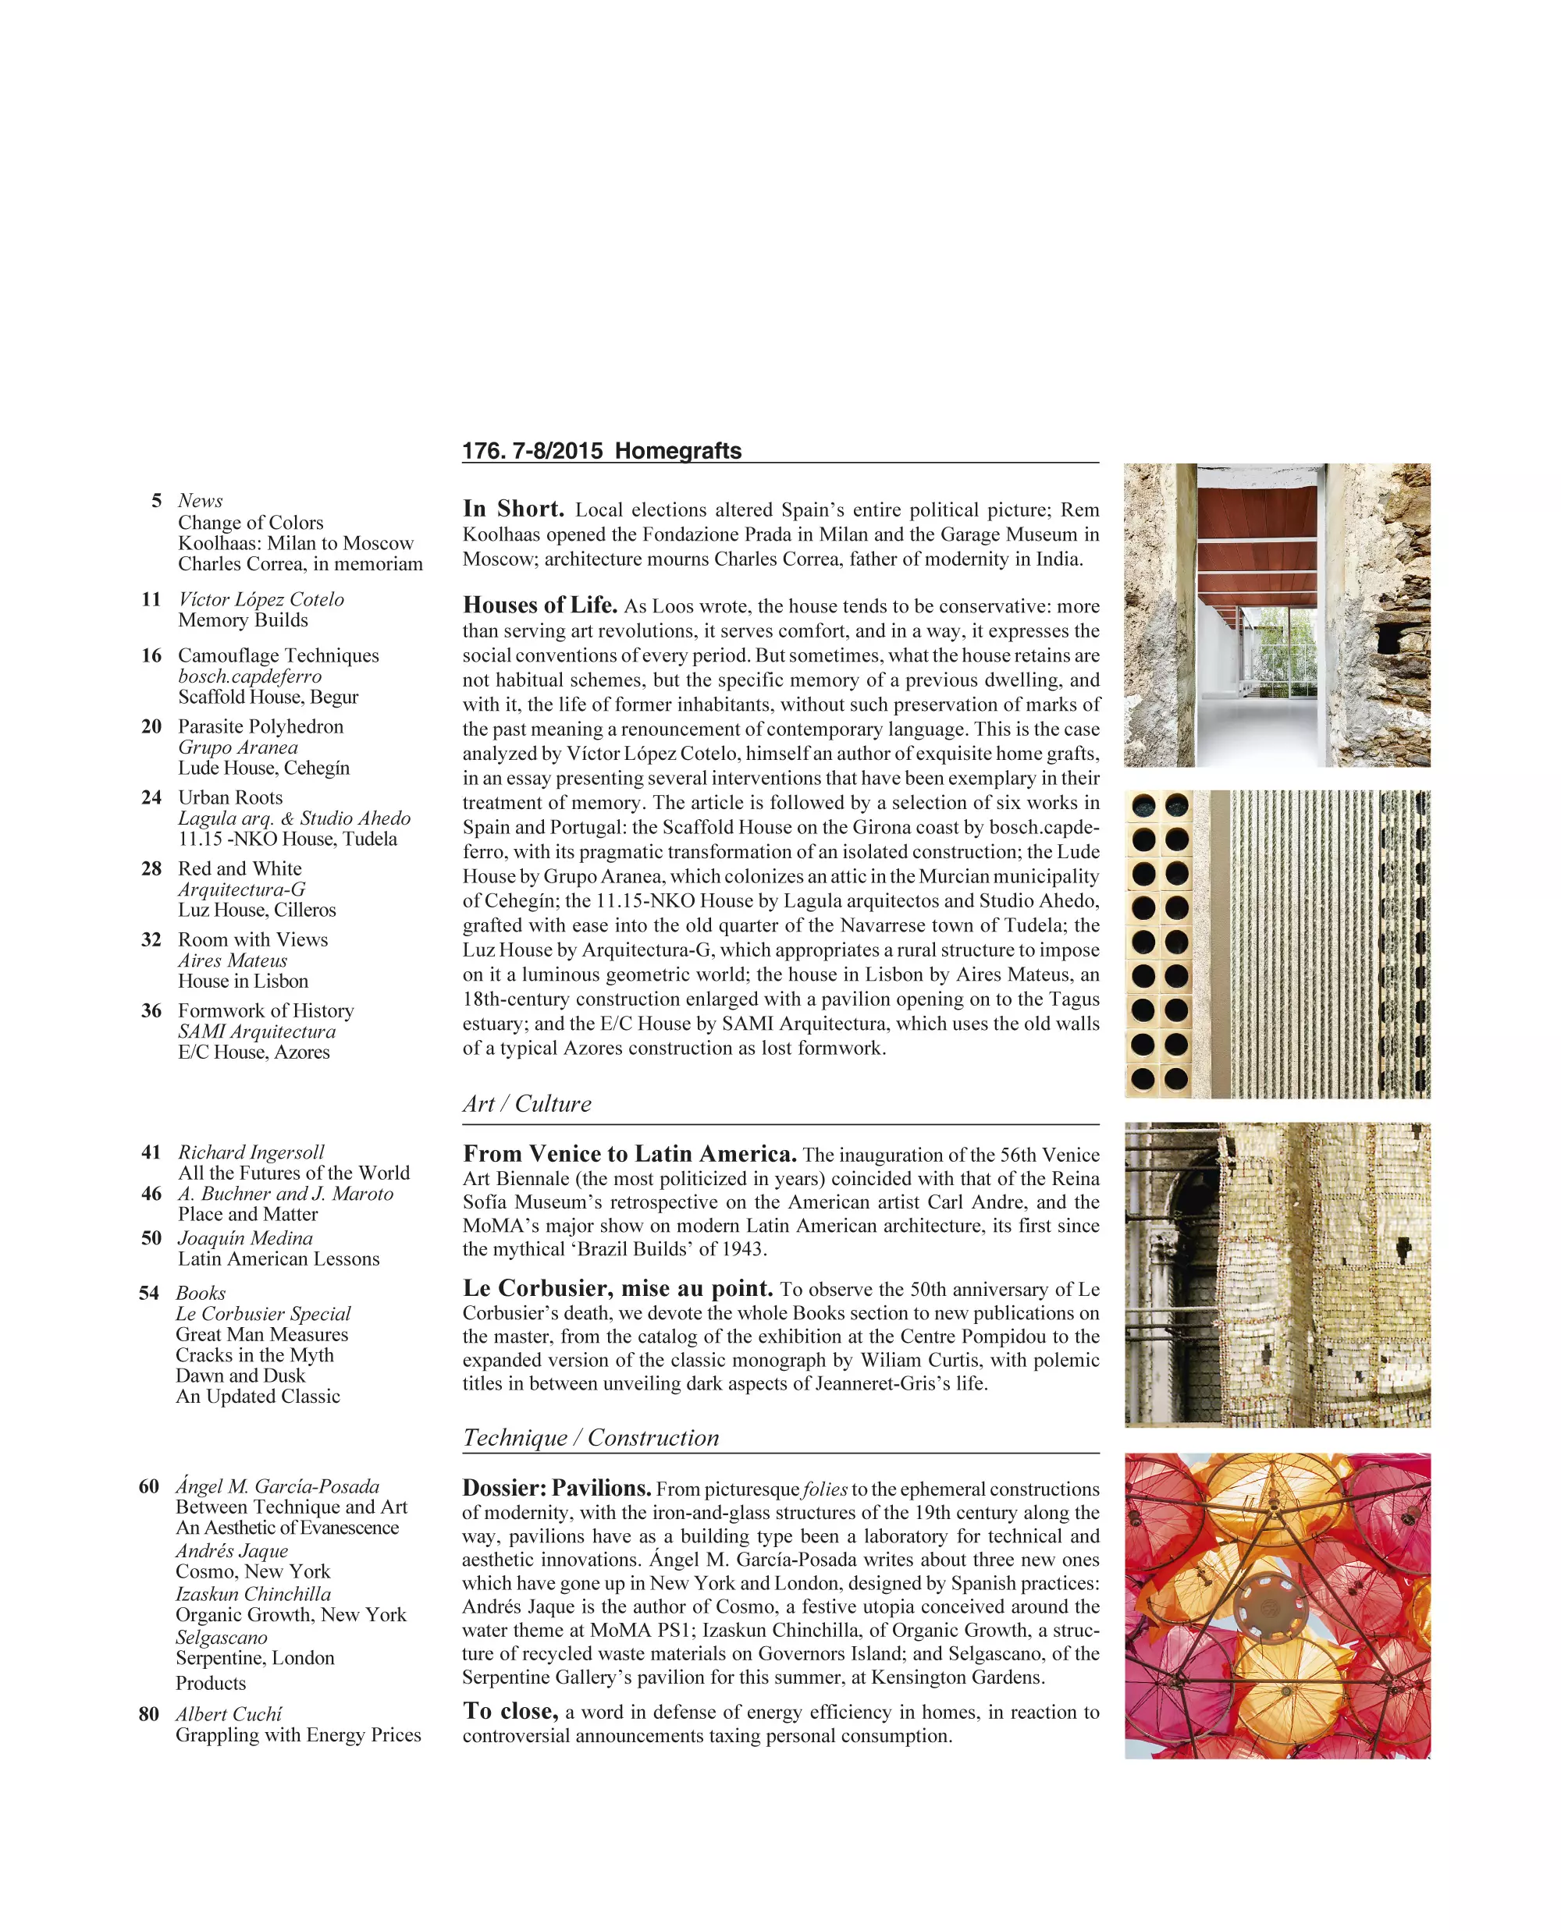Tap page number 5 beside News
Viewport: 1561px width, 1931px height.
pyautogui.click(x=156, y=501)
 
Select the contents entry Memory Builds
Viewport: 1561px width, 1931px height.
pyautogui.click(x=243, y=620)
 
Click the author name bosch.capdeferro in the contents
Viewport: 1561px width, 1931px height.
pyautogui.click(x=249, y=676)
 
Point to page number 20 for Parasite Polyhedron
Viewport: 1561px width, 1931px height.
pyautogui.click(x=151, y=726)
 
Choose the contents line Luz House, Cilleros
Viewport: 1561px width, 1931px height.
pyautogui.click(x=256, y=910)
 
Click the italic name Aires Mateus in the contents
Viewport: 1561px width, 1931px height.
pyautogui.click(x=232, y=960)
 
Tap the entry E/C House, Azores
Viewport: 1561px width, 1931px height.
pyautogui.click(x=254, y=1052)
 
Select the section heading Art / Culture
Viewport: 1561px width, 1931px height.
pyautogui.click(x=527, y=1104)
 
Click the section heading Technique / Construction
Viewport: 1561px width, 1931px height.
pyautogui.click(x=591, y=1437)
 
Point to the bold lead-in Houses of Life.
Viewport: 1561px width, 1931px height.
pyautogui.click(x=539, y=605)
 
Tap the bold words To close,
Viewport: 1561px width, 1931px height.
pyautogui.click(x=510, y=1711)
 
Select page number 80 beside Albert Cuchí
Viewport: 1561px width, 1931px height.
pyautogui.click(x=148, y=1714)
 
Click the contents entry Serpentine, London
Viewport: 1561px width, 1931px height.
pyautogui.click(x=254, y=1658)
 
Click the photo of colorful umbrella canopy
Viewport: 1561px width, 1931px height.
pyautogui.click(x=1277, y=1606)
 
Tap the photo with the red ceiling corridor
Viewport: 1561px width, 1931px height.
pyautogui.click(x=1277, y=615)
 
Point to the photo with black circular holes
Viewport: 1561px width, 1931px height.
pyautogui.click(x=1277, y=944)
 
